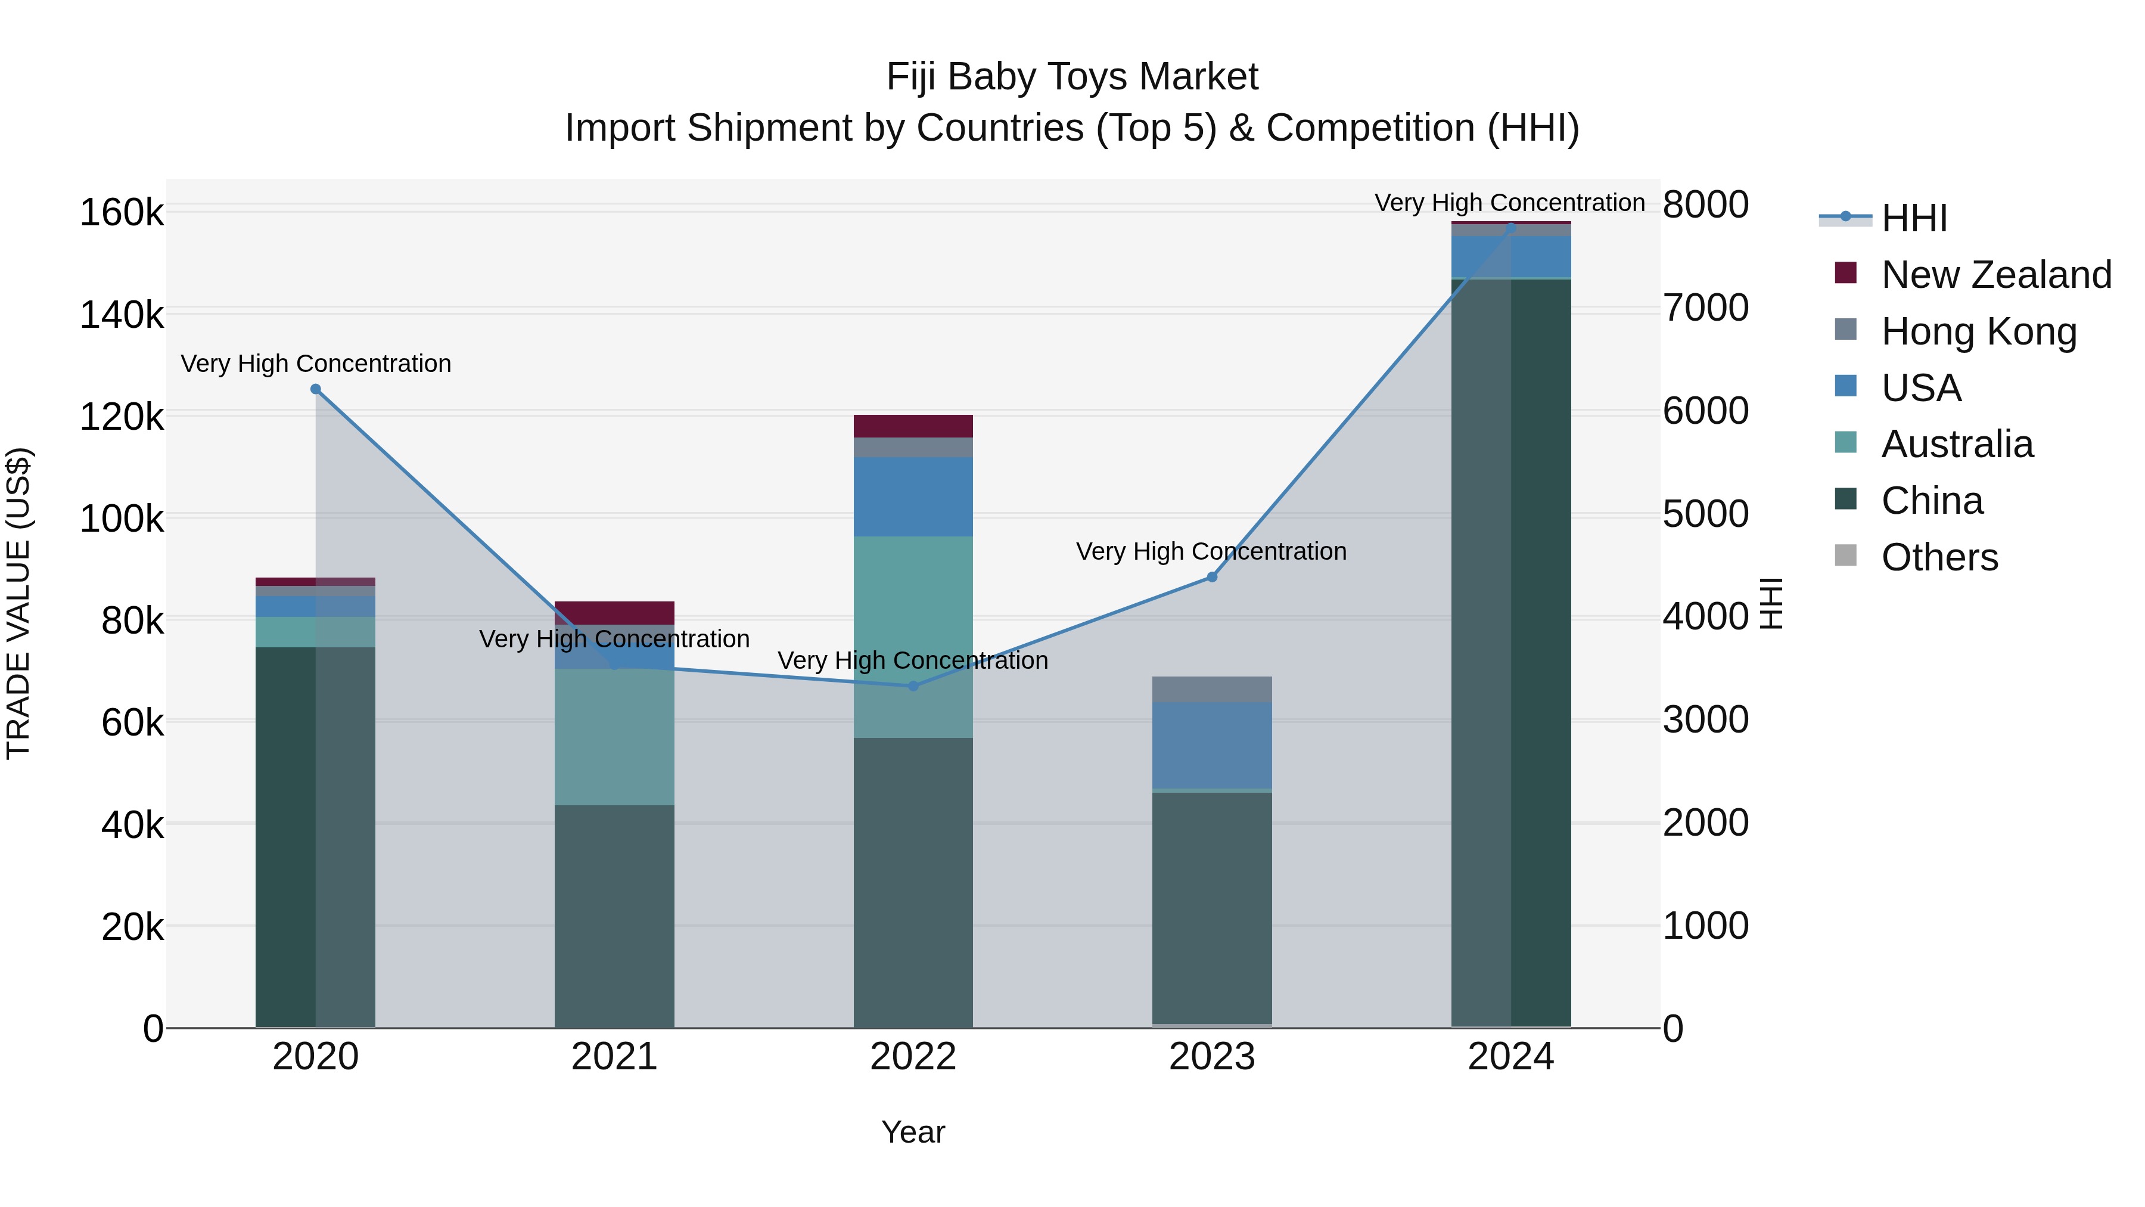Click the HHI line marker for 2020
(x=316, y=389)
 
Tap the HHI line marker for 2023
(x=1211, y=577)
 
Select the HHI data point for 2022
(x=913, y=687)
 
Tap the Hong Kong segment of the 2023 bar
(x=1211, y=689)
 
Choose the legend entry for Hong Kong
(x=1978, y=331)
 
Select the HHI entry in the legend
(x=1913, y=218)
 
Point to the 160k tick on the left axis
(x=122, y=212)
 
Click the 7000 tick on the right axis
(x=1705, y=308)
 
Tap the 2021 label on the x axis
(x=614, y=1057)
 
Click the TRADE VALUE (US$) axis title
(x=19, y=603)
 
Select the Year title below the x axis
(x=913, y=1132)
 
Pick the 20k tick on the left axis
(x=132, y=926)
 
